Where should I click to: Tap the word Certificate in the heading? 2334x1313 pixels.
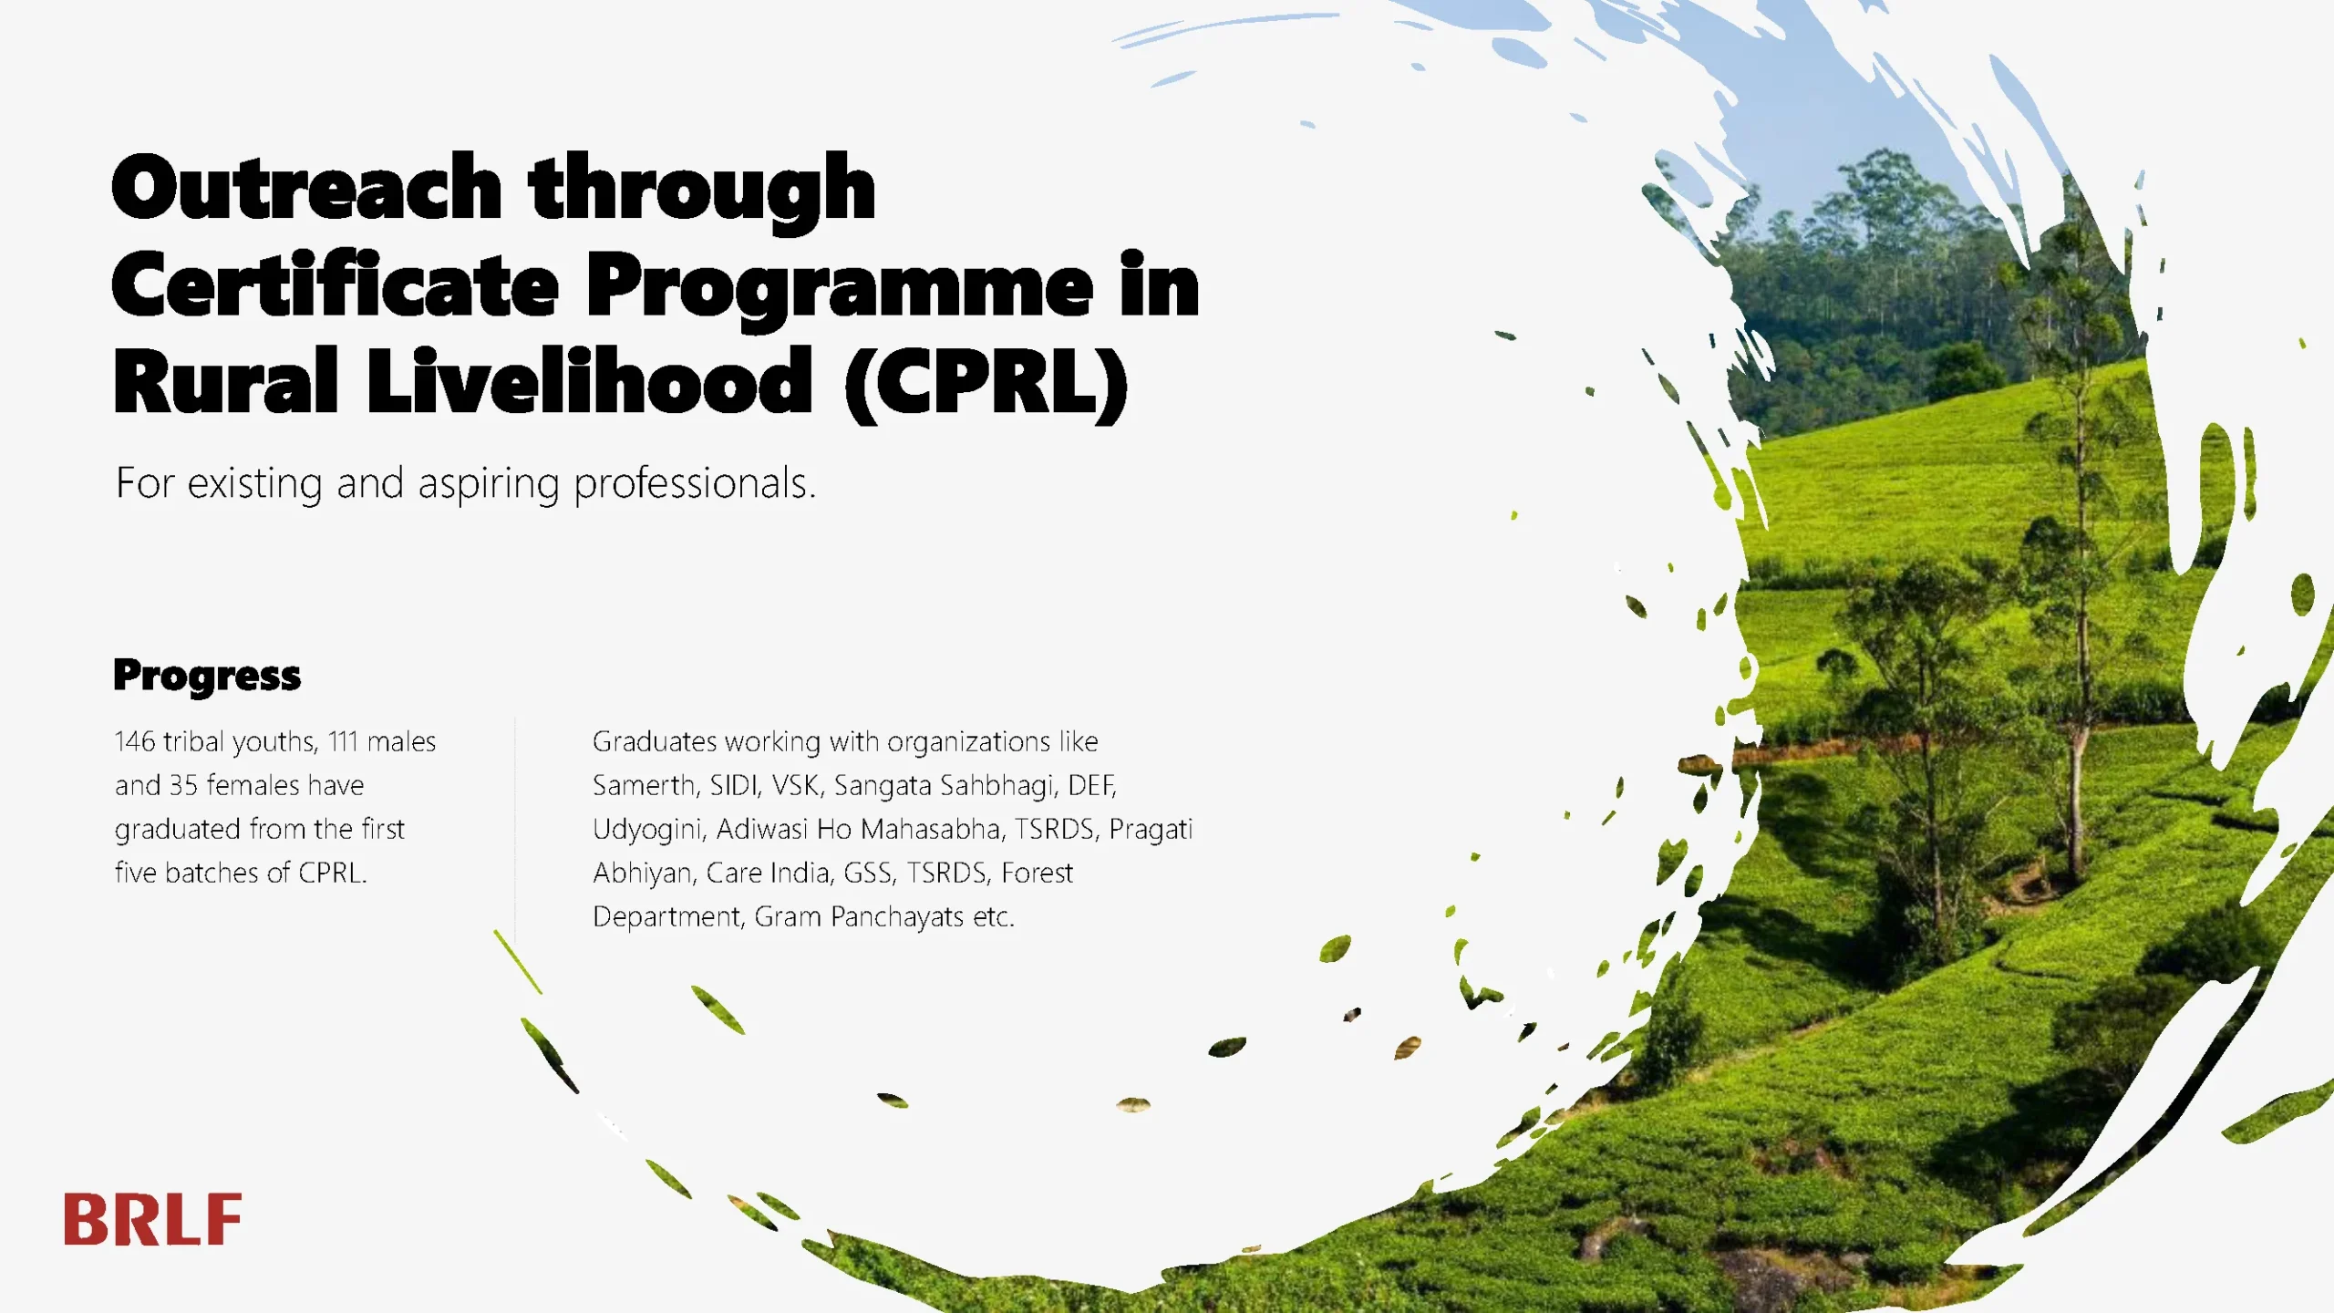click(x=335, y=285)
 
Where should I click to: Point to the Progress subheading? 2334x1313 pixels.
click(x=207, y=677)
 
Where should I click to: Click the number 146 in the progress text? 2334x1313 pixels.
click(x=135, y=741)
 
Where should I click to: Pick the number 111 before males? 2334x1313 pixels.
click(x=344, y=741)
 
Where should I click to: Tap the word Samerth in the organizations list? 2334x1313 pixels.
click(x=643, y=785)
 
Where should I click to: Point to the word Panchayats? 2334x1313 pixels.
click(x=897, y=916)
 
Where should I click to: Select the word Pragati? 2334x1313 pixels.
click(x=1151, y=830)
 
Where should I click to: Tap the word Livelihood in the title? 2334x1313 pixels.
click(x=589, y=382)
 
